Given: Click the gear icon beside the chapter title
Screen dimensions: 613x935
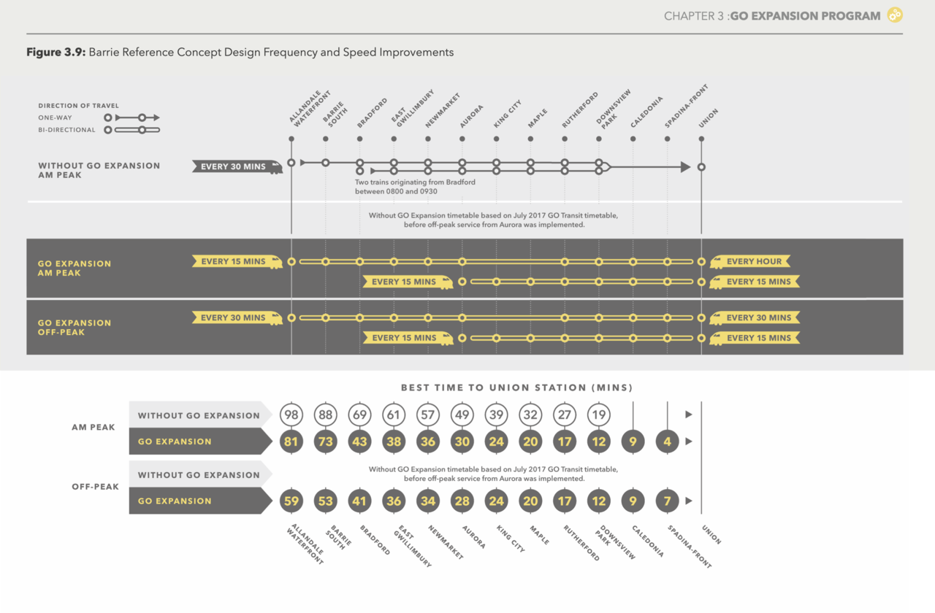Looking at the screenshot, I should [x=895, y=15].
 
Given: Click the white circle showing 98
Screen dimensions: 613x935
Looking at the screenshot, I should [x=291, y=415].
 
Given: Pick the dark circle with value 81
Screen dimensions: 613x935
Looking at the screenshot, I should [x=291, y=442].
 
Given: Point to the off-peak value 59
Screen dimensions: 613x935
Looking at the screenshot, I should [x=291, y=501].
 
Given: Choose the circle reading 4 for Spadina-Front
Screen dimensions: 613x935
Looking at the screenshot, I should [x=667, y=442].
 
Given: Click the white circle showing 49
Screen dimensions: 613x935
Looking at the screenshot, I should [x=462, y=415].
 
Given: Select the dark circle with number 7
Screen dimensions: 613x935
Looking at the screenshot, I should [x=667, y=501].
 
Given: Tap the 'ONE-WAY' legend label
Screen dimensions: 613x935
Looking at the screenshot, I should [x=56, y=117].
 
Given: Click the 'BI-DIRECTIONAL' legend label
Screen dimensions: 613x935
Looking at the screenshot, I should [x=67, y=130].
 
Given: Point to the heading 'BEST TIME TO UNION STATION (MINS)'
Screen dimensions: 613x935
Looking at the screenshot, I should [x=516, y=388].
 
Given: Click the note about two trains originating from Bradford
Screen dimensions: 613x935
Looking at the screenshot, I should [x=415, y=186].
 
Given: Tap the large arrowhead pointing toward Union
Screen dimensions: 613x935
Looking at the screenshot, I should [x=684, y=167].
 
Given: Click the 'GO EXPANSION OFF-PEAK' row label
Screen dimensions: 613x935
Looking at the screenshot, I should [x=75, y=328].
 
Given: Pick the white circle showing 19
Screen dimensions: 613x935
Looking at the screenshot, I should [x=599, y=415].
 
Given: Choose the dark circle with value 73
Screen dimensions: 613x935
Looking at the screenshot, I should [x=325, y=442].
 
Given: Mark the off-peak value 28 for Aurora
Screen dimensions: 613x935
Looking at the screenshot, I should [x=462, y=501].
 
